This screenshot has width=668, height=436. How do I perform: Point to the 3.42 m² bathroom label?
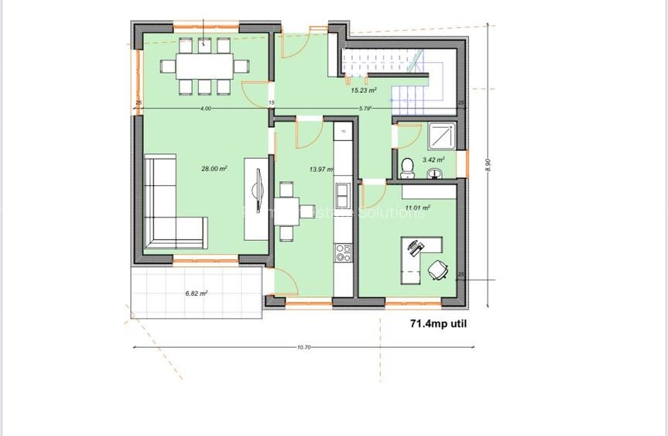[433, 160]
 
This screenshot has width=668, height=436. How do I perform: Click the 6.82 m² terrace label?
[196, 294]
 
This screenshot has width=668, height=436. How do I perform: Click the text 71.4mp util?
[438, 325]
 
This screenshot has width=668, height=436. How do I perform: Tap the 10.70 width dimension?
[303, 347]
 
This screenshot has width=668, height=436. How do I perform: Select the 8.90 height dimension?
[488, 167]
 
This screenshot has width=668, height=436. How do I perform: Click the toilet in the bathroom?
[407, 167]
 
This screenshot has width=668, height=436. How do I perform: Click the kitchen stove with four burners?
[342, 251]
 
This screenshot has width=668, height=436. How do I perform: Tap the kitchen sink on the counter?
[342, 190]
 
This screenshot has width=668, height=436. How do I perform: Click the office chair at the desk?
[437, 269]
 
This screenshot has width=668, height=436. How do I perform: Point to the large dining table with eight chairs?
[204, 66]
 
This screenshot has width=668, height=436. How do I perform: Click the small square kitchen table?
[286, 209]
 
